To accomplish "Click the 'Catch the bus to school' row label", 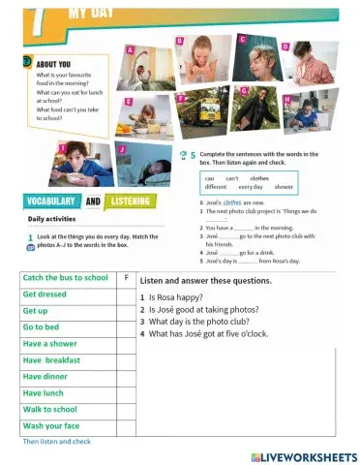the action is point(65,278).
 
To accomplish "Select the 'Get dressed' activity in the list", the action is point(45,294).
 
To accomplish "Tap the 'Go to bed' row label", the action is point(44,327).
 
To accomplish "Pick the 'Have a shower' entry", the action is point(50,344).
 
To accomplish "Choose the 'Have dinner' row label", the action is point(46,377).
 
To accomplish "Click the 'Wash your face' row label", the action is point(51,426).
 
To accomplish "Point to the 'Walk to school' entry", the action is point(51,410).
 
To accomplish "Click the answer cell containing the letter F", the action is point(127,278).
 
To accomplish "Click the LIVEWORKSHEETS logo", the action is point(304,455).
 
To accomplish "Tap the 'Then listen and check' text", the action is point(56,441).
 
